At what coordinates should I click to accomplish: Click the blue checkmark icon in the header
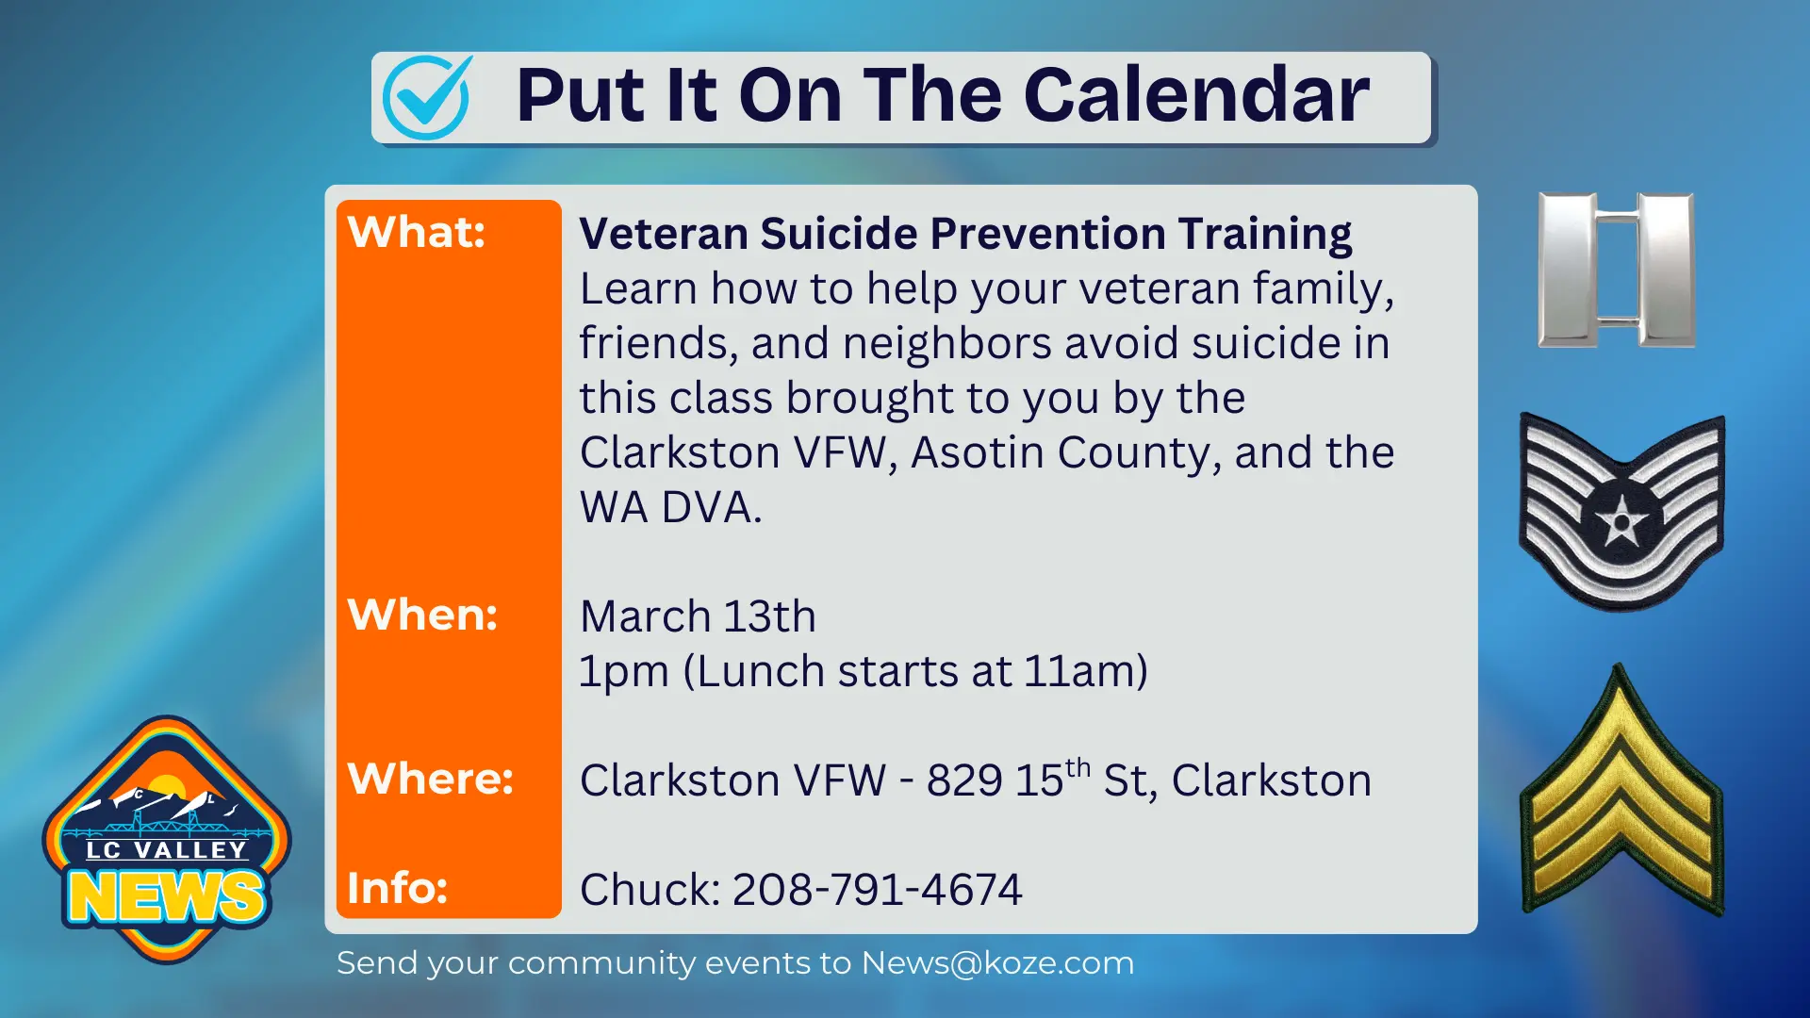coord(427,97)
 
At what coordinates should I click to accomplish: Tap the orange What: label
coord(416,232)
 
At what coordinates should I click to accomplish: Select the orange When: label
coord(421,615)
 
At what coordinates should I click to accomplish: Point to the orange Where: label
coord(430,779)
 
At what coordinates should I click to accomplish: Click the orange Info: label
coord(397,888)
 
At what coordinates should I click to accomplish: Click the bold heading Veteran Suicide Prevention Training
coord(965,234)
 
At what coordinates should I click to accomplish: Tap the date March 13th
coord(698,616)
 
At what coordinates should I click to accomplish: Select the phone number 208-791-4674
coord(877,890)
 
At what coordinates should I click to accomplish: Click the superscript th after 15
coord(1078,768)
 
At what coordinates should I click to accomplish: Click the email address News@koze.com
coord(997,963)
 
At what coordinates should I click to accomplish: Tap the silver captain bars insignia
coord(1616,270)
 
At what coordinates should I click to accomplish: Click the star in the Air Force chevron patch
coord(1621,517)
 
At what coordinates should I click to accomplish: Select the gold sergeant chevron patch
coord(1621,801)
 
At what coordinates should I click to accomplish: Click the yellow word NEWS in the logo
coord(166,896)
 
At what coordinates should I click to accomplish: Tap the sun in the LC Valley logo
coord(167,787)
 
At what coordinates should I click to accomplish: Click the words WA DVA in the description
coord(669,508)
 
